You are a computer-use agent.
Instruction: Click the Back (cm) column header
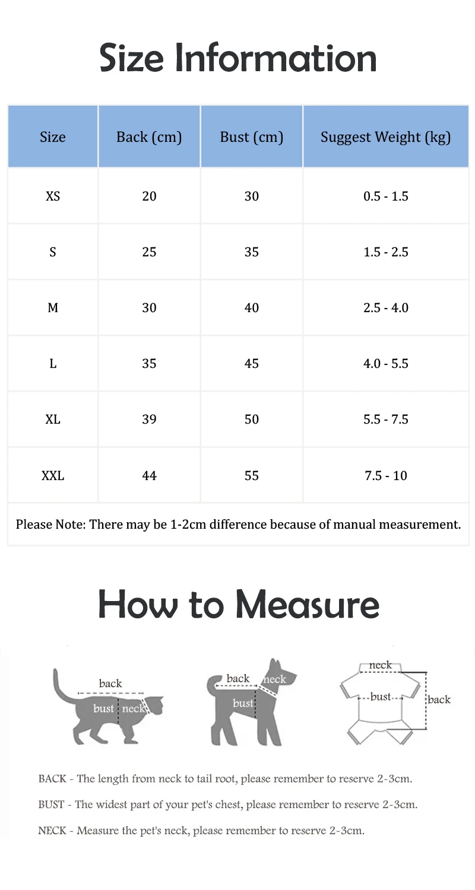[x=149, y=137]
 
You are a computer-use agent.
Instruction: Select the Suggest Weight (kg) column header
[x=386, y=137]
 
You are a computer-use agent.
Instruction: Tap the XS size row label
[x=53, y=196]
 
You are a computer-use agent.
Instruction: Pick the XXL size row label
[x=53, y=475]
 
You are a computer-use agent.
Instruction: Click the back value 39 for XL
[x=149, y=419]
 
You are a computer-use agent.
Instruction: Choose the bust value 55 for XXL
[x=252, y=475]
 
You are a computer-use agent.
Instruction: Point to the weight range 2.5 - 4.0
[x=386, y=308]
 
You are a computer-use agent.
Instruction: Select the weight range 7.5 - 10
[x=386, y=475]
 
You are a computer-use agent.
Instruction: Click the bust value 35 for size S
[x=252, y=252]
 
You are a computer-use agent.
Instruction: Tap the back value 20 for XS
[x=149, y=196]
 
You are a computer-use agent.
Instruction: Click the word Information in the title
[x=279, y=58]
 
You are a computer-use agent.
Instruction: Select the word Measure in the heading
[x=307, y=605]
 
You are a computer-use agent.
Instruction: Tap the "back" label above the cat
[x=110, y=684]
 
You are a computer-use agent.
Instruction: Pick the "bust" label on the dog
[x=243, y=703]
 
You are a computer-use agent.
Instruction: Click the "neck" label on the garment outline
[x=380, y=665]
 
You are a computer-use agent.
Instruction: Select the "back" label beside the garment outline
[x=439, y=700]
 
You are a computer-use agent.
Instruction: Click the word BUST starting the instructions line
[x=51, y=805]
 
